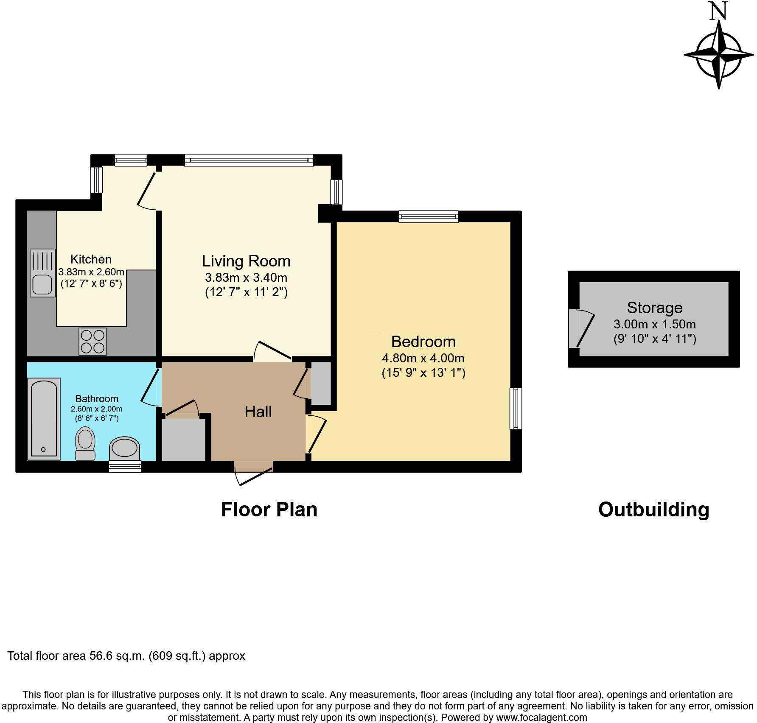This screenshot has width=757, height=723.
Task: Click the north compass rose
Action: click(719, 55)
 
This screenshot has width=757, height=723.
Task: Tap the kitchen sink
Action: click(42, 273)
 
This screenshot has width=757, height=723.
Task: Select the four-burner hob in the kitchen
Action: click(93, 342)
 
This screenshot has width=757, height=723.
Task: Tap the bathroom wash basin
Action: click(124, 448)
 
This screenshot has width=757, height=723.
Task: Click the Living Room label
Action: click(246, 261)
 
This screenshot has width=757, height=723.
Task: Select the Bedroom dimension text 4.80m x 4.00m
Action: click(423, 358)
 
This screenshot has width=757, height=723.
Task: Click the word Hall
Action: click(258, 412)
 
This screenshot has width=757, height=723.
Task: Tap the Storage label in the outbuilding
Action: click(654, 308)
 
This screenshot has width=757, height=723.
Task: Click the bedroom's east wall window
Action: click(516, 408)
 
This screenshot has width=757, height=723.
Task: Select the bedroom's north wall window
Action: click(429, 217)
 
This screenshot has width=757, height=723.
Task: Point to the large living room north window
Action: click(249, 160)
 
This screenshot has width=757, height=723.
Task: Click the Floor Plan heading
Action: click(269, 509)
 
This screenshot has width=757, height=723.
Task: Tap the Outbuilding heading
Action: click(653, 509)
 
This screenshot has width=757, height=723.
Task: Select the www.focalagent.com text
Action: click(541, 717)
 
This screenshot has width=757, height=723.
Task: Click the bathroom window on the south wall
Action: click(125, 467)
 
